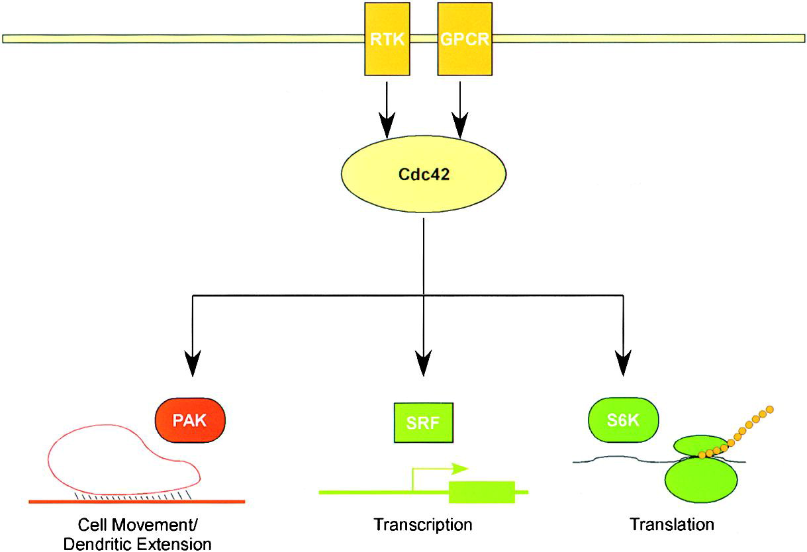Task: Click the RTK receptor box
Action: coord(387,39)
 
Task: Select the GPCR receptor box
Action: coord(465,39)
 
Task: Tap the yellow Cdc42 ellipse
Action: coord(424,174)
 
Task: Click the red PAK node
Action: coord(190,420)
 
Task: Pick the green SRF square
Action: coord(424,422)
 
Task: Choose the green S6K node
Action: coord(624,420)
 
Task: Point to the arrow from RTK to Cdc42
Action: coord(387,110)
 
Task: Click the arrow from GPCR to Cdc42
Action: coord(460,110)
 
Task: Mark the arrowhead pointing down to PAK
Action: coord(193,363)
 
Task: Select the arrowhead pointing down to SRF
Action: coord(423,363)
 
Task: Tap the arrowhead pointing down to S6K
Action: coord(623,363)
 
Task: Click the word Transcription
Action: coord(423,525)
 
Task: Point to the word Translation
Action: coord(672,524)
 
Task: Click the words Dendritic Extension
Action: coord(137,544)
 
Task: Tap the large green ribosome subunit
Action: coord(701,480)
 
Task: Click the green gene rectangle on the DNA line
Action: coord(482,492)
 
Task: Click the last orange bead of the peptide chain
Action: coord(769,410)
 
